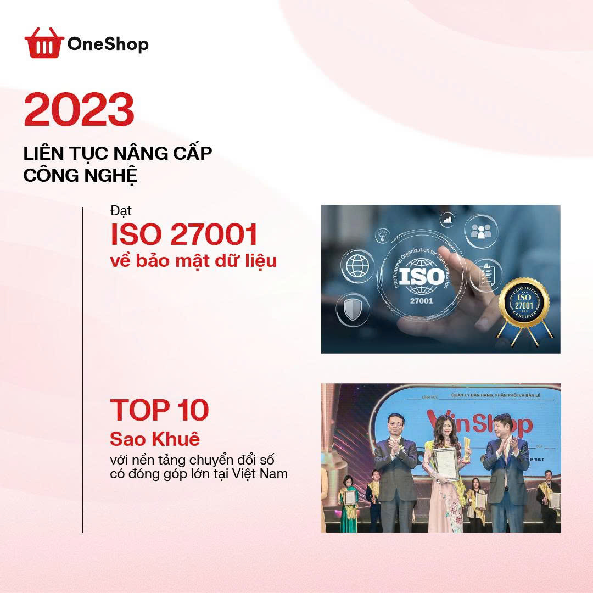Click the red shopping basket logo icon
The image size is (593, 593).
pos(44,43)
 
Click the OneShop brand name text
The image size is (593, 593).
pos(108,44)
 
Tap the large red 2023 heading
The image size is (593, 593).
pos(79,110)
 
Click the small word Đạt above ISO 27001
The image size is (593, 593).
pos(121,211)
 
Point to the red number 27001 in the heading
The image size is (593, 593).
pos(214,234)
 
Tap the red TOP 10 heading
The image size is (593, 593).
pos(159,410)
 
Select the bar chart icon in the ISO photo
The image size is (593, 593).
pos(446,220)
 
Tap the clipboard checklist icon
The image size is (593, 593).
pos(485,273)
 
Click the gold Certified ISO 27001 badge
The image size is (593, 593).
pos(523,301)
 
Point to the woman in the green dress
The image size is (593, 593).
pos(349,502)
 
